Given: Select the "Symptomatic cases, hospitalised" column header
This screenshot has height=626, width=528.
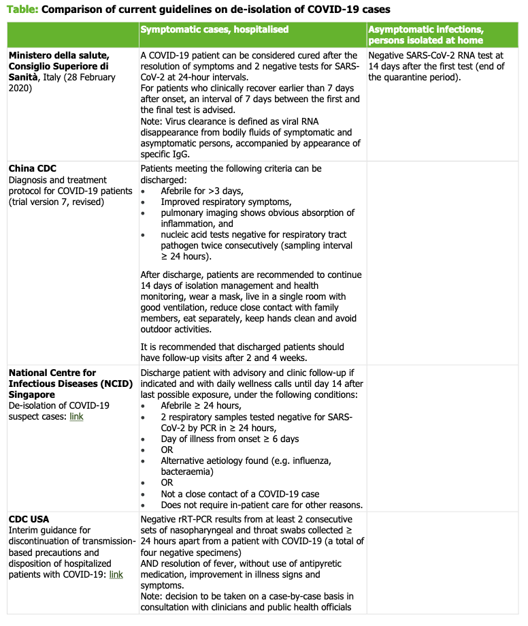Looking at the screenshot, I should [214, 29].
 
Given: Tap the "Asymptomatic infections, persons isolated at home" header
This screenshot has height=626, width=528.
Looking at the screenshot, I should [425, 35].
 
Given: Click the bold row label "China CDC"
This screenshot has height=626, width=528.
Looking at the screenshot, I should [32, 168].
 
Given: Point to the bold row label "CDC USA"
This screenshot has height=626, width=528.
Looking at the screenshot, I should [29, 519].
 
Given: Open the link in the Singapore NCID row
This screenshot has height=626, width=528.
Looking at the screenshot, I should [76, 417].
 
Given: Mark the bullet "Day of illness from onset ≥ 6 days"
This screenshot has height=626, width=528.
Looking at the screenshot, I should [230, 439].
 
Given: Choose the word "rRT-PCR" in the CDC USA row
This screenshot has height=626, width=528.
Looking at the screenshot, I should [198, 520].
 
